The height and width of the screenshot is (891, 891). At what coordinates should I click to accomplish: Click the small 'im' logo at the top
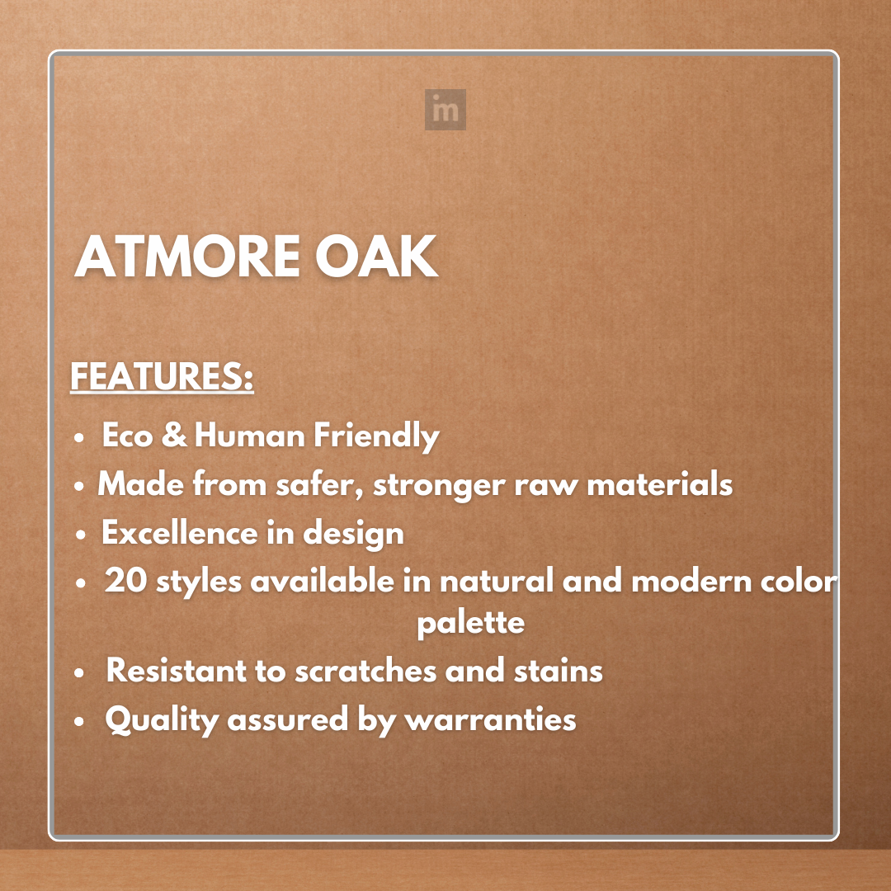[x=445, y=110]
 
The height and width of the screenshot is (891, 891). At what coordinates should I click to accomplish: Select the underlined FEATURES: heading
[x=162, y=378]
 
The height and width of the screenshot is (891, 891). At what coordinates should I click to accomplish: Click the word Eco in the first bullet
[x=128, y=436]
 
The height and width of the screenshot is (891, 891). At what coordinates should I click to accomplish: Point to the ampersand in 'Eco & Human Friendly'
[x=174, y=436]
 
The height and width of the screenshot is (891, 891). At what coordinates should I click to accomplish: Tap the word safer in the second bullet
[x=318, y=484]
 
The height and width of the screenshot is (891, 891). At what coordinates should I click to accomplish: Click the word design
[x=353, y=535]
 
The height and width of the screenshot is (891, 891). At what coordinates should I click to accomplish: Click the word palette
[x=470, y=623]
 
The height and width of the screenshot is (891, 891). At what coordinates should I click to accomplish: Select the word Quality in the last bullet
[x=162, y=720]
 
